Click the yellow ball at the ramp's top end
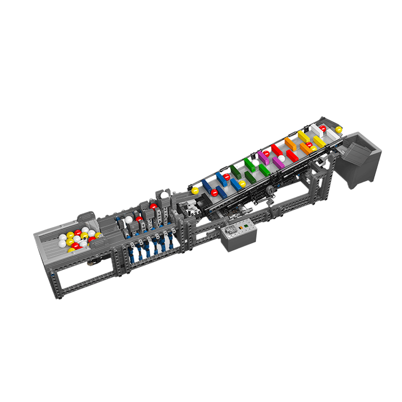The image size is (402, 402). point(339,130)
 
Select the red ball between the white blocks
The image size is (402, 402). point(323,129)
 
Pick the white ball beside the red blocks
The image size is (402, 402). point(282,158)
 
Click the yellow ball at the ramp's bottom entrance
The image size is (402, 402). point(195,191)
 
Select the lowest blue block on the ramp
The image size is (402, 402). point(207,186)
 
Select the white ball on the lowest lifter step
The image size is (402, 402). point(129,219)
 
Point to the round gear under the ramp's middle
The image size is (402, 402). point(269,190)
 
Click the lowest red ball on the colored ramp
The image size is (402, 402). point(214,192)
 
